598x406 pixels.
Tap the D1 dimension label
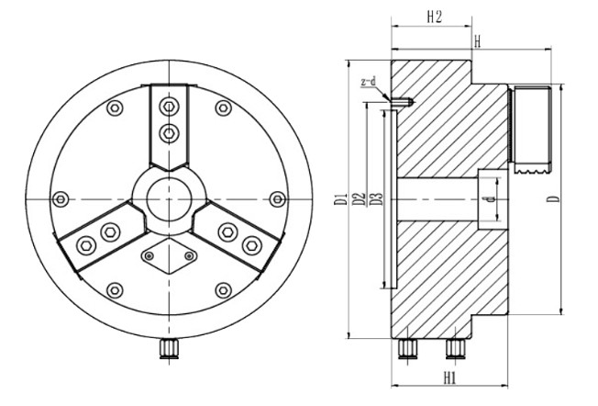pyautogui.click(x=339, y=199)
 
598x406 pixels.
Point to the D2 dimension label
pyautogui.click(x=359, y=199)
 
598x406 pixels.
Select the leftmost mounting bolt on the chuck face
pyautogui.click(x=61, y=198)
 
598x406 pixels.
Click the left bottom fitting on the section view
pyautogui.click(x=408, y=347)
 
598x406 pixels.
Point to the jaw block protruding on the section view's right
pyautogui.click(x=531, y=129)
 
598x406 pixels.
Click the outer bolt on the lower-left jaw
pyautogui.click(x=87, y=244)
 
